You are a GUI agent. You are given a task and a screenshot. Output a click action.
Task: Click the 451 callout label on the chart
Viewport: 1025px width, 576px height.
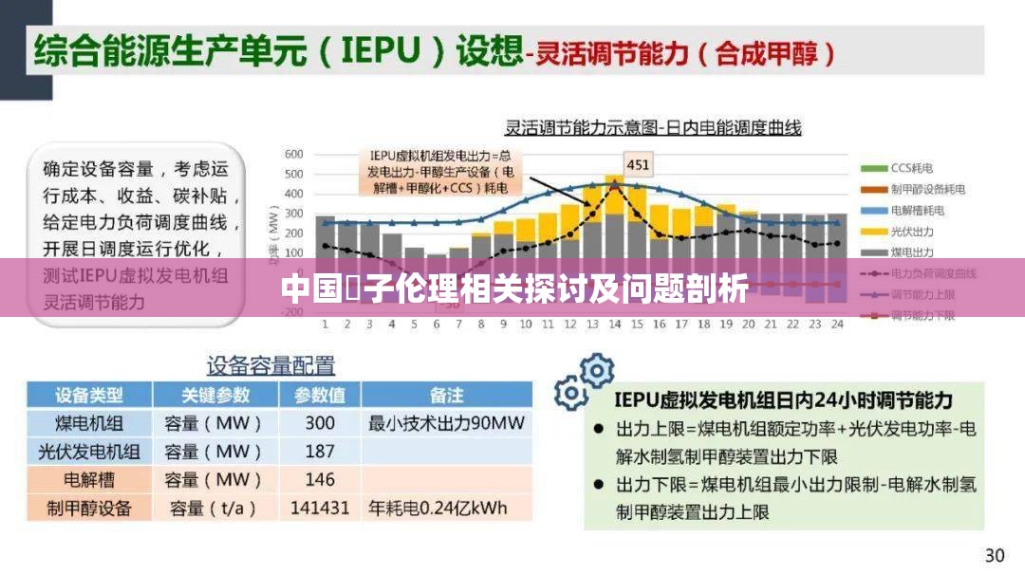click(638, 165)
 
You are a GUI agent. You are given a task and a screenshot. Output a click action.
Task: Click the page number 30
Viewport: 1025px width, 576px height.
click(994, 555)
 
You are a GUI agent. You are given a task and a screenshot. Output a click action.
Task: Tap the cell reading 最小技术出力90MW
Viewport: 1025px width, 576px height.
click(446, 423)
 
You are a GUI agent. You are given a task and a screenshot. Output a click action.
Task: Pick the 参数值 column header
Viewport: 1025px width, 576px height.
click(320, 395)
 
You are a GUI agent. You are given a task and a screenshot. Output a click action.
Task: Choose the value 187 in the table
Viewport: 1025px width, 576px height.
click(320, 452)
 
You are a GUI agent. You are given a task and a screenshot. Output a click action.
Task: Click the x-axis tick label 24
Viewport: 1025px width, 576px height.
click(836, 325)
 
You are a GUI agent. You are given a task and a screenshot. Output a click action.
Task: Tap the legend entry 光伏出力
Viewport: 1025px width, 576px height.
click(912, 231)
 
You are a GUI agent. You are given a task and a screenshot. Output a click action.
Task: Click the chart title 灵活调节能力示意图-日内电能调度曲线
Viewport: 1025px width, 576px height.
click(653, 127)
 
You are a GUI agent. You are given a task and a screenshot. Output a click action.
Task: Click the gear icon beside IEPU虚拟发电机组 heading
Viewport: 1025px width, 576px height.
click(584, 379)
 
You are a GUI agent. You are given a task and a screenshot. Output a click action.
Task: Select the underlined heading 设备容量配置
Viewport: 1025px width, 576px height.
click(270, 365)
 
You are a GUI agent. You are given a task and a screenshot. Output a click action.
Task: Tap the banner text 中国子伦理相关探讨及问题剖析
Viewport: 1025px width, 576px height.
click(513, 288)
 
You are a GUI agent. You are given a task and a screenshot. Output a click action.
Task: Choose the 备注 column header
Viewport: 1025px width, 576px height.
click(446, 395)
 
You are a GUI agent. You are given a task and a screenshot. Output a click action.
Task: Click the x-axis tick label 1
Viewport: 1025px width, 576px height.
click(325, 325)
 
